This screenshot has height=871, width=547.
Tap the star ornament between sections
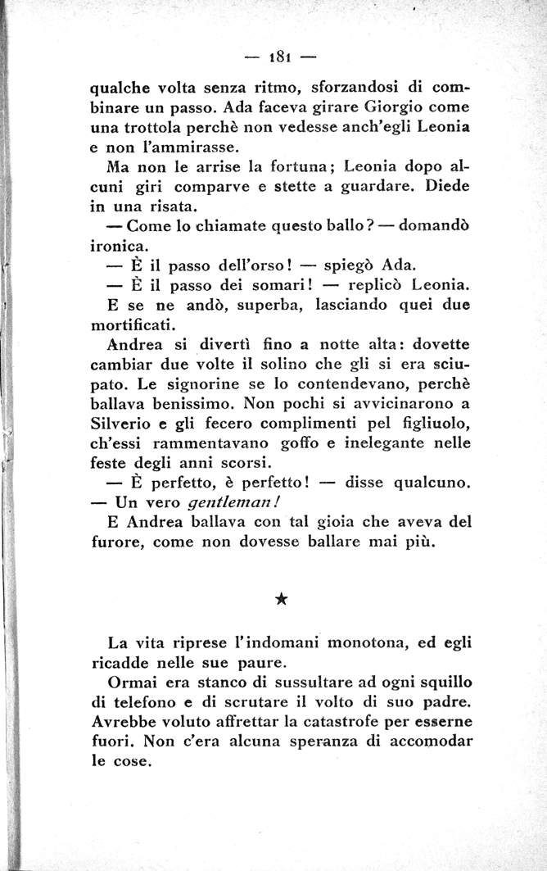(x=280, y=600)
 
